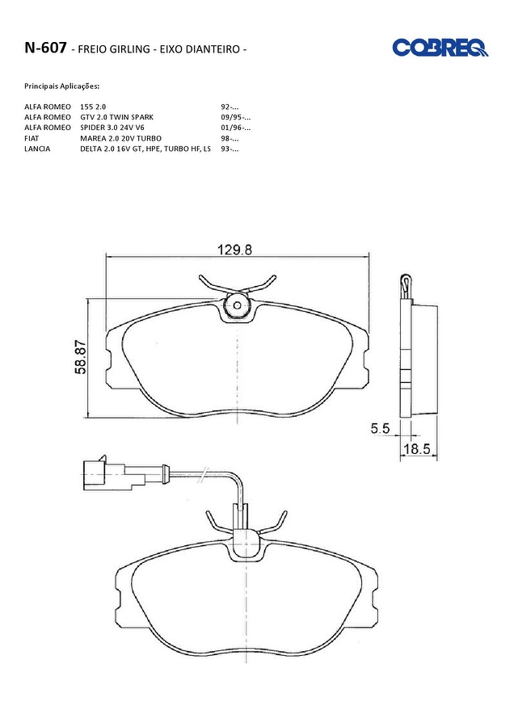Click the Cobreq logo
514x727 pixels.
coord(440,48)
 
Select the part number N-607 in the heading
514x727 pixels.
coord(45,48)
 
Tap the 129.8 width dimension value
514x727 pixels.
coord(235,250)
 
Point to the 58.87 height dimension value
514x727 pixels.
coord(80,358)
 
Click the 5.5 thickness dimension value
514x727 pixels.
coord(380,428)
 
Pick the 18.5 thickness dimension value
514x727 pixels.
coord(416,449)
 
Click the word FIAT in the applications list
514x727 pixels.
coord(32,138)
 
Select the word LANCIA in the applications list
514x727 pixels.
coord(37,149)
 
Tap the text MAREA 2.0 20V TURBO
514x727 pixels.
coord(120,138)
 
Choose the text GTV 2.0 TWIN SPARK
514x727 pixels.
coord(117,117)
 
